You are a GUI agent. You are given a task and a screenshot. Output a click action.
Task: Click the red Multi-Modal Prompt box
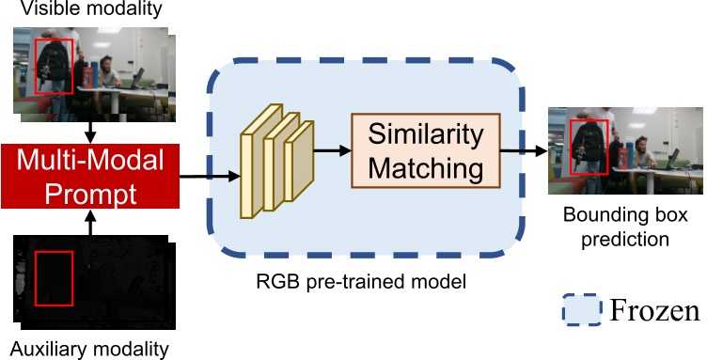click(x=88, y=176)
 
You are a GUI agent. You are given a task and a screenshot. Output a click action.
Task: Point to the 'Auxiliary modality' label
click(x=86, y=348)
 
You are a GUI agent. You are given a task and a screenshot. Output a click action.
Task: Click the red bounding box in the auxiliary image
click(x=54, y=278)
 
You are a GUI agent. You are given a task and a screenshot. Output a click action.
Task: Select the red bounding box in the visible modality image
click(x=52, y=66)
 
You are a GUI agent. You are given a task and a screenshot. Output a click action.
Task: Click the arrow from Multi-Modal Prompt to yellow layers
click(x=206, y=176)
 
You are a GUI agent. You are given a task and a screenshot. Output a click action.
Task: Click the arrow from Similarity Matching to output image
click(x=523, y=150)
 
